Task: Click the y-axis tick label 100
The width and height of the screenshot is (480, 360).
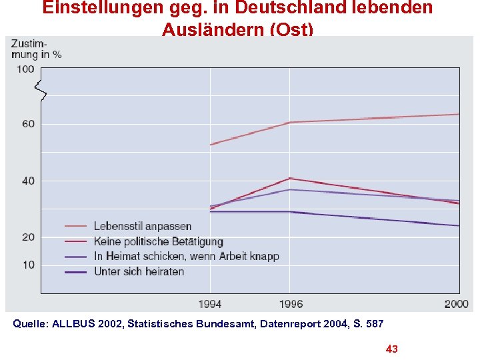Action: [25, 69]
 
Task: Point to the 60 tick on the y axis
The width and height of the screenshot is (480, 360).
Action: [27, 124]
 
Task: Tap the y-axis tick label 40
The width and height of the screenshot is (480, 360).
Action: [27, 181]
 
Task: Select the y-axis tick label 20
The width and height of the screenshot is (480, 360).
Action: [27, 237]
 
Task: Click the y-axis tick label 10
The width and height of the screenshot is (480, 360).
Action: [27, 265]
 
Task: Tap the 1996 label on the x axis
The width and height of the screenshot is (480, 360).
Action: [289, 304]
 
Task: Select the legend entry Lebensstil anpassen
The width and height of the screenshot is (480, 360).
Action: [142, 227]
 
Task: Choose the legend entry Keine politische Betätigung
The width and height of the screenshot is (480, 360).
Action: [158, 241]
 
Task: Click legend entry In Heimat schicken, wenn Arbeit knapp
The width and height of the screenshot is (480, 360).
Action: [186, 256]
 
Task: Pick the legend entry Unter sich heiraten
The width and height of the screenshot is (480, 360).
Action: [139, 271]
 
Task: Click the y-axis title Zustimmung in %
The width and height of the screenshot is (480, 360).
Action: [35, 49]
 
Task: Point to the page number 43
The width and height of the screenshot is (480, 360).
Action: [392, 349]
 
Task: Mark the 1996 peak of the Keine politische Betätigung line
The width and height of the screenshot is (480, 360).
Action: [289, 178]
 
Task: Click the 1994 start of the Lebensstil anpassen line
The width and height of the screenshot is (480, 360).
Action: [211, 145]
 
